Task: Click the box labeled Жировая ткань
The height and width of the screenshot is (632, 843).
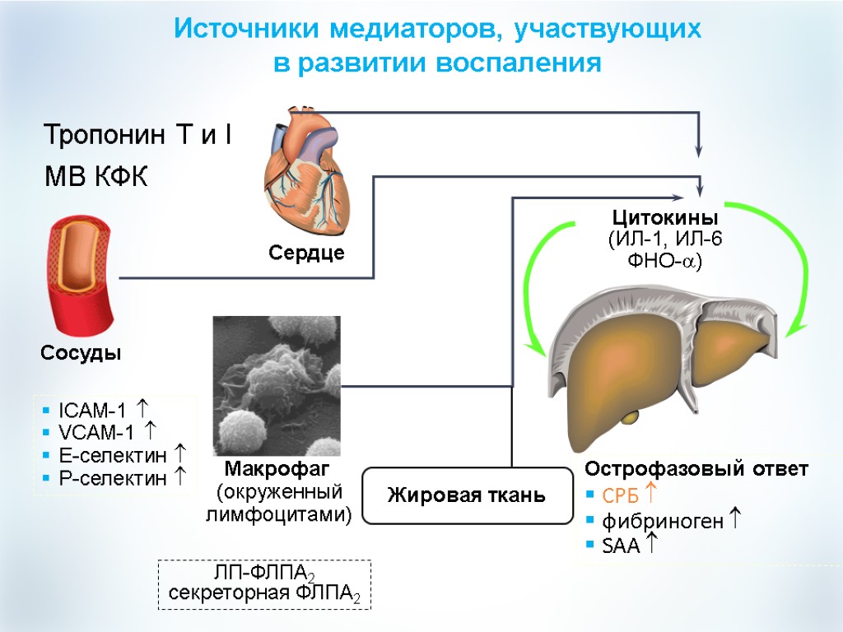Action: [467, 495]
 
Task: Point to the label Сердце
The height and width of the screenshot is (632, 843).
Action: [306, 253]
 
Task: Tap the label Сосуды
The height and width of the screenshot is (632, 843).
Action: [82, 353]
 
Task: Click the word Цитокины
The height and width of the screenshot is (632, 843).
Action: [665, 218]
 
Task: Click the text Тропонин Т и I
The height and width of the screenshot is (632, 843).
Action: [137, 134]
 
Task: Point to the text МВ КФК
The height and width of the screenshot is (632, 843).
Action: [95, 177]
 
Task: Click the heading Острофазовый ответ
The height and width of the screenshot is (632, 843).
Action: [696, 469]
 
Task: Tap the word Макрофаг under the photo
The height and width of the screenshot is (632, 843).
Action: [277, 470]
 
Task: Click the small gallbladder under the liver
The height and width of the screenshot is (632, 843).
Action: [630, 417]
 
